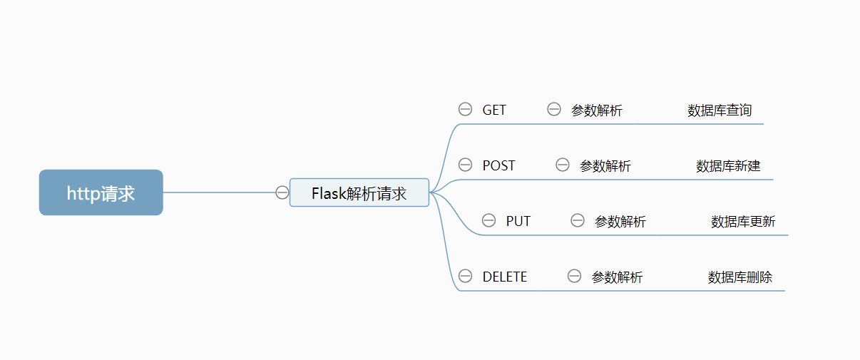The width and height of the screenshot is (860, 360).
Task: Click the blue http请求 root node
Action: (x=101, y=192)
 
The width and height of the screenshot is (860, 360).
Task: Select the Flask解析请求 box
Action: (x=359, y=192)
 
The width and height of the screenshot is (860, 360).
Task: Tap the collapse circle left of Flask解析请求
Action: (x=282, y=192)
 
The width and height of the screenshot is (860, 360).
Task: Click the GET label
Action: (x=494, y=110)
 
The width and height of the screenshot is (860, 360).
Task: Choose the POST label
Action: (x=498, y=165)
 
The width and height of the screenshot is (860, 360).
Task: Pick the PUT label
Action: (x=518, y=221)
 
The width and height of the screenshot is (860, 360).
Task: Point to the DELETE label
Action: (x=505, y=277)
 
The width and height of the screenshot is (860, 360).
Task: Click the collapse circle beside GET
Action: (x=465, y=109)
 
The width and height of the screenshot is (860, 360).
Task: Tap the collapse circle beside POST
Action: (x=465, y=165)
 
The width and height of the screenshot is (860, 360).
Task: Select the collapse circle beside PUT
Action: (x=488, y=220)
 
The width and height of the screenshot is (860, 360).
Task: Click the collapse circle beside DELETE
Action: (x=465, y=276)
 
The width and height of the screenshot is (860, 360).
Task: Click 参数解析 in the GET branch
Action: (x=596, y=110)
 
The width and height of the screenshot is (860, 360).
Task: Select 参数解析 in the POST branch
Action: (x=605, y=166)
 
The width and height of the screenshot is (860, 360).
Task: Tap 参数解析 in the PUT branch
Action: (x=620, y=222)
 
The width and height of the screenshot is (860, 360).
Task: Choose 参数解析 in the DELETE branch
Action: (x=617, y=277)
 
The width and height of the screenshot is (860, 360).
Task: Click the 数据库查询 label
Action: (x=720, y=110)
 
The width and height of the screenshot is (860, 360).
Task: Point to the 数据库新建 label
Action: (x=728, y=166)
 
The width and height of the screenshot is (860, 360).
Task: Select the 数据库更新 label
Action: (x=743, y=222)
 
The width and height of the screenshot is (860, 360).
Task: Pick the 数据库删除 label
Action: (x=740, y=277)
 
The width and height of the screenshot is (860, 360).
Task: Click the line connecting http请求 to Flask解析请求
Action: (x=217, y=192)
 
